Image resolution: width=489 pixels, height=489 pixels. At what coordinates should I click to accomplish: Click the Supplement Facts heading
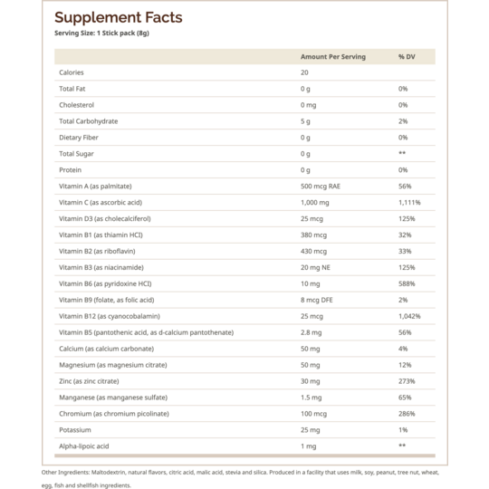pyautogui.click(x=119, y=18)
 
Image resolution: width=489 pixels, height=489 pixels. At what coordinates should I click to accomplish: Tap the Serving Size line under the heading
pyautogui.click(x=101, y=34)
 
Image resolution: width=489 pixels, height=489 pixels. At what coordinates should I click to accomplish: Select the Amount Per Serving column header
pyautogui.click(x=333, y=57)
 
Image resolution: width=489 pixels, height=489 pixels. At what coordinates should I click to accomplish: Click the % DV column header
pyautogui.click(x=407, y=57)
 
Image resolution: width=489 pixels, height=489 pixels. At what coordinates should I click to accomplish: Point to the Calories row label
pyautogui.click(x=72, y=72)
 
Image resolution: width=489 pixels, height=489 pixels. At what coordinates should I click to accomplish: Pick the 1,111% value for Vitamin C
pyautogui.click(x=409, y=203)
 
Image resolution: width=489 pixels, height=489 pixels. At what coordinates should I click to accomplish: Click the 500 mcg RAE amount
pyautogui.click(x=321, y=187)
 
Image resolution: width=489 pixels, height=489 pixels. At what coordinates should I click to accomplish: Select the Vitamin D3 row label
pyautogui.click(x=105, y=218)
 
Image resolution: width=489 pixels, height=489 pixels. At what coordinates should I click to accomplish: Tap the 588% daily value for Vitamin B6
pyautogui.click(x=407, y=283)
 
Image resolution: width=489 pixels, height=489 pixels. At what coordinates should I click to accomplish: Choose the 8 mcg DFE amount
pyautogui.click(x=317, y=300)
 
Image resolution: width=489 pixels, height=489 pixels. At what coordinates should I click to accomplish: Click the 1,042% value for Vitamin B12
pyautogui.click(x=409, y=316)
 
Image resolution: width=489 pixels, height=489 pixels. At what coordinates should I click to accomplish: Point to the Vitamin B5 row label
pyautogui.click(x=147, y=332)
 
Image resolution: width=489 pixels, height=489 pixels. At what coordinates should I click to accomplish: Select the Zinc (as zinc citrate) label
pyautogui.click(x=89, y=381)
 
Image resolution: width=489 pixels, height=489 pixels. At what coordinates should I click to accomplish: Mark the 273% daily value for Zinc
pyautogui.click(x=407, y=381)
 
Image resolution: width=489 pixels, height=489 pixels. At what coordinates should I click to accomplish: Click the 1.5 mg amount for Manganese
pyautogui.click(x=312, y=398)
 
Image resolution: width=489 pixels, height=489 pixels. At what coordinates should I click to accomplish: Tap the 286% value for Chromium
pyautogui.click(x=407, y=414)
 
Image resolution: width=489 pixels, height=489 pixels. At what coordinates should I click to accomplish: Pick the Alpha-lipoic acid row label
pyautogui.click(x=84, y=446)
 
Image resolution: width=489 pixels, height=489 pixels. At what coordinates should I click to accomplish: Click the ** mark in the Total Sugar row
pyautogui.click(x=402, y=153)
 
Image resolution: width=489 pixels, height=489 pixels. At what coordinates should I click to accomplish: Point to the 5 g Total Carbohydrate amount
pyautogui.click(x=305, y=121)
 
